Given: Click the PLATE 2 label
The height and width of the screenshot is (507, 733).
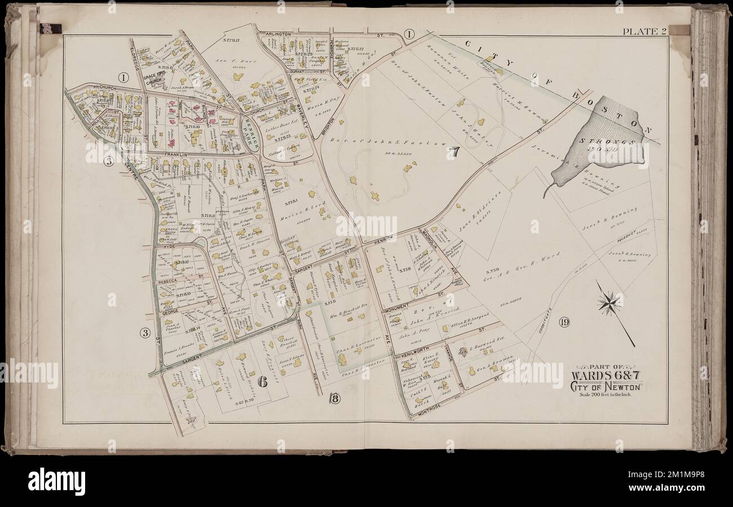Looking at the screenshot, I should tap(644, 32).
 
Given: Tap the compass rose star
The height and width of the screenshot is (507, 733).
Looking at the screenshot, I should tap(609, 304).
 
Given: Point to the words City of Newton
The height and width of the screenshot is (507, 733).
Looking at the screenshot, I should tap(606, 386).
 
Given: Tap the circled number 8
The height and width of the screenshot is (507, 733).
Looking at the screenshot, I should tap(334, 400).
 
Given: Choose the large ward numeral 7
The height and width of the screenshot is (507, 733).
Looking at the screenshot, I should tap(454, 152).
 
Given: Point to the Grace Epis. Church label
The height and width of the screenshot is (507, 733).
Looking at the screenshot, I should tap(153, 80).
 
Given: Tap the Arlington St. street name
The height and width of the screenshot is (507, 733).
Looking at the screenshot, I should tap(276, 34).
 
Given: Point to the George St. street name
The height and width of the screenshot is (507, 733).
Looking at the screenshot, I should tap(170, 311).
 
